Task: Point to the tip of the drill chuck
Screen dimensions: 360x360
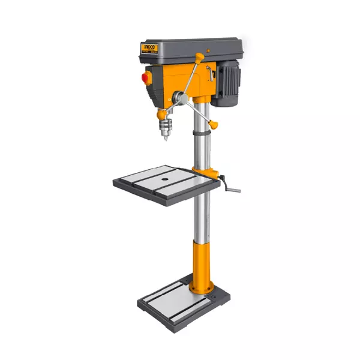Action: (x=163, y=140)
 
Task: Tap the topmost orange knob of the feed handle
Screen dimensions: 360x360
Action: (x=199, y=57)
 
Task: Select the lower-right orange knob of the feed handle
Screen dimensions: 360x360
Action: (x=214, y=125)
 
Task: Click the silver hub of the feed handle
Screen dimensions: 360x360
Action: (x=178, y=96)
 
